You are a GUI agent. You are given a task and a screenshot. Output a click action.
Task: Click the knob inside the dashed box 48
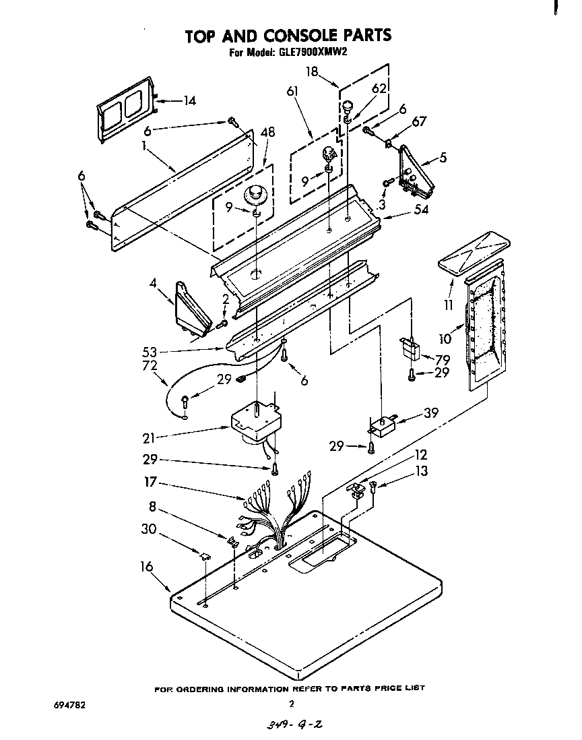pos(256,195)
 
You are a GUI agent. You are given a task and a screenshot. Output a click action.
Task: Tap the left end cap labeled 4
pos(191,309)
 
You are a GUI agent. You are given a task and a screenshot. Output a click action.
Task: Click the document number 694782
pos(70,705)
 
